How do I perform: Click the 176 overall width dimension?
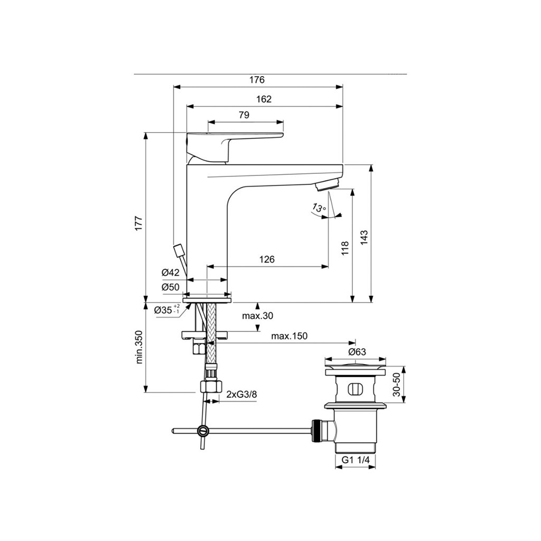click(257, 80)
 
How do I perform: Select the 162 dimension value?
click(264, 99)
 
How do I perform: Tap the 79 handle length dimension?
click(244, 115)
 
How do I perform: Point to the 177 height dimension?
click(139, 223)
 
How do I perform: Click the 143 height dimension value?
click(365, 238)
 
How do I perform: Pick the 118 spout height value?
click(345, 248)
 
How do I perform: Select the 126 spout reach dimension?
click(267, 259)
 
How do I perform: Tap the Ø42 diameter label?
click(171, 273)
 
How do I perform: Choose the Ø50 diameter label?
click(171, 287)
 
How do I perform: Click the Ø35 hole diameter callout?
click(167, 310)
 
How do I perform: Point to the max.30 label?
click(257, 316)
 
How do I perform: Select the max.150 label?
click(289, 335)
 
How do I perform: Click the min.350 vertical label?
click(139, 347)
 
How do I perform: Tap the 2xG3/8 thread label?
click(241, 394)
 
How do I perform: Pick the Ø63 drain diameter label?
click(357, 352)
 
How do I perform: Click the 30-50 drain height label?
click(396, 385)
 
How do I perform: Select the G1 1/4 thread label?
click(356, 460)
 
